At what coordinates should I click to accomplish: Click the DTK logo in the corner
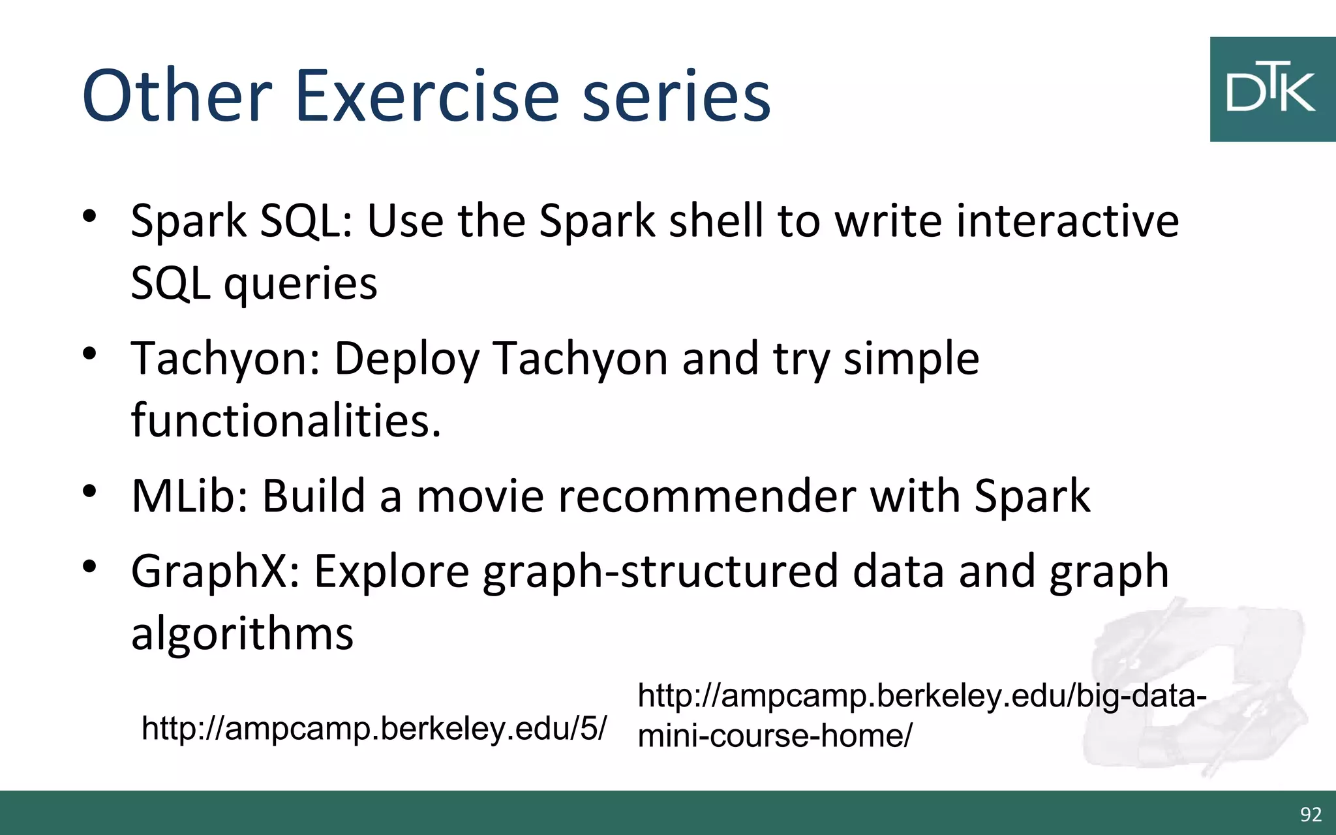click(x=1272, y=89)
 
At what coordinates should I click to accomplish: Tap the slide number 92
click(x=1311, y=814)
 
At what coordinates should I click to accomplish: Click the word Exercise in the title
click(x=427, y=97)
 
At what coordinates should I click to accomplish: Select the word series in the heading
click(x=676, y=97)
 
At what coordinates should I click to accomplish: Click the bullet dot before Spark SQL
click(x=89, y=216)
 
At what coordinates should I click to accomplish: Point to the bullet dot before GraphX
click(x=89, y=566)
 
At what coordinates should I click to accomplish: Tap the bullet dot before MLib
click(x=89, y=491)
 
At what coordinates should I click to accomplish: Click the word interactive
click(x=1067, y=220)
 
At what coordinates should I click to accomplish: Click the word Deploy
click(x=406, y=359)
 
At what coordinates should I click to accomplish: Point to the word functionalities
click(x=286, y=420)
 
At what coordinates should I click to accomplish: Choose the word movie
click(x=480, y=496)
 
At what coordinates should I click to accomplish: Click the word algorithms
click(x=242, y=634)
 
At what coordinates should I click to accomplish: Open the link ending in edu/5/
click(x=374, y=728)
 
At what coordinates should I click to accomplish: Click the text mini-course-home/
click(x=774, y=736)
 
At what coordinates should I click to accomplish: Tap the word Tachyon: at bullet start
click(x=226, y=359)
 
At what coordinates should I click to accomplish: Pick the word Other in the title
click(x=177, y=97)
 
